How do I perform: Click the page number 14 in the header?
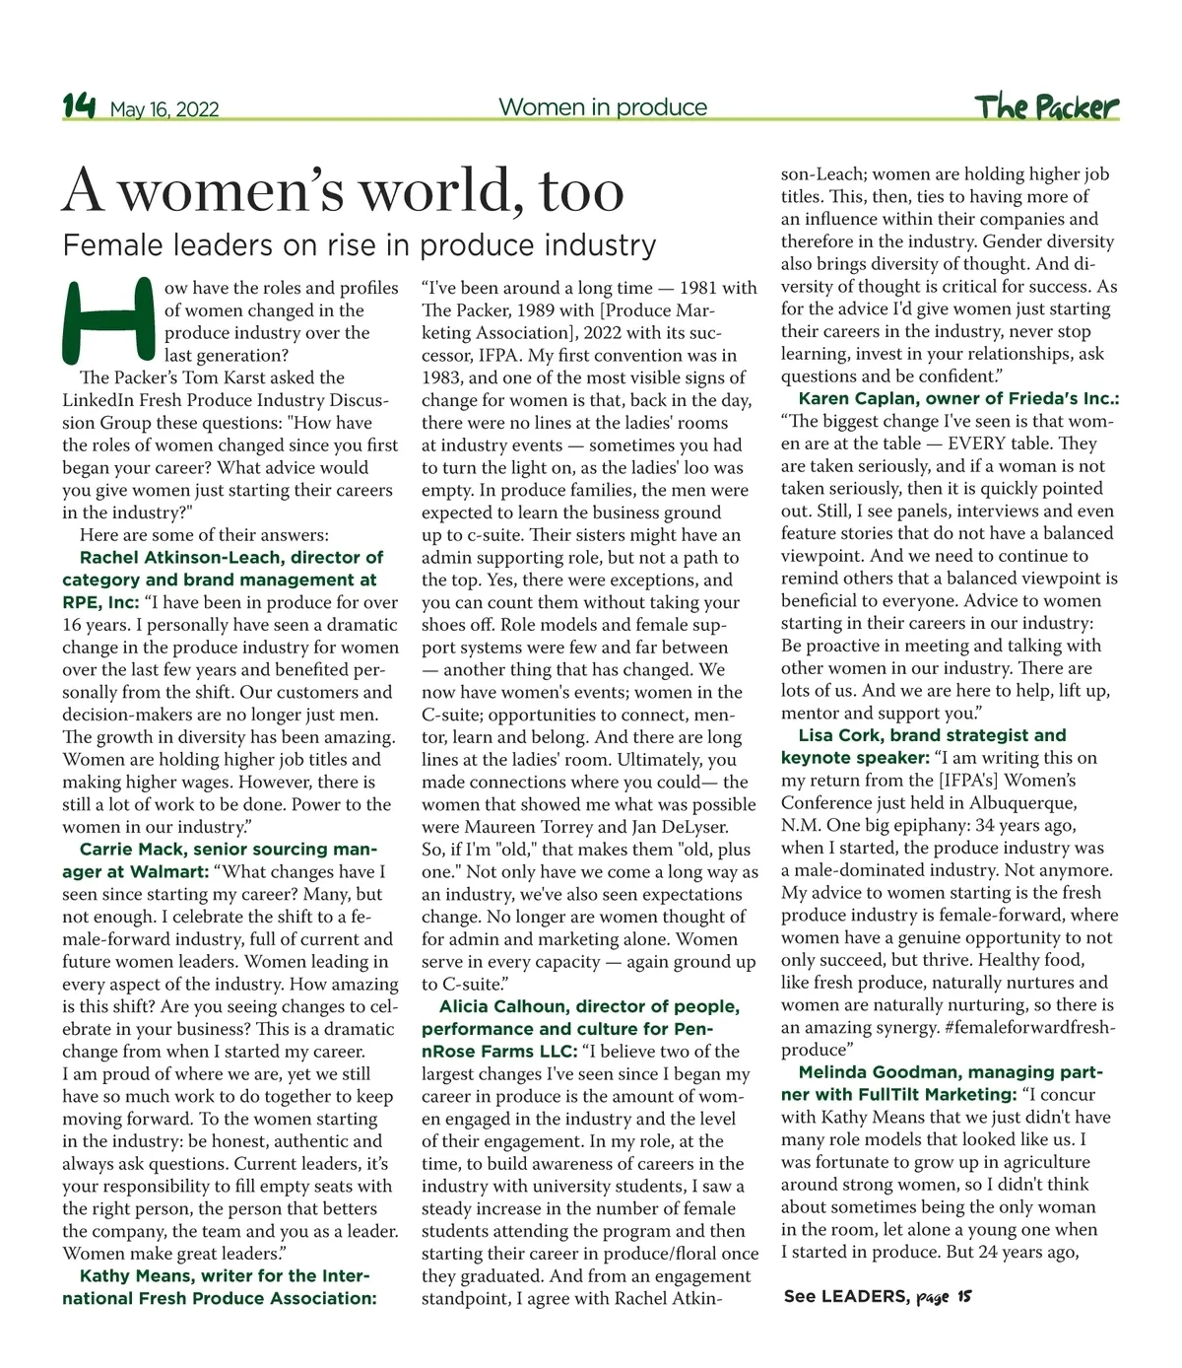(x=79, y=106)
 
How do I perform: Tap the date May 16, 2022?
(x=164, y=109)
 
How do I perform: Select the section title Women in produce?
(x=603, y=106)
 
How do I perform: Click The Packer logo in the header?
(x=1047, y=106)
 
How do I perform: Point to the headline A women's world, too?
(x=343, y=191)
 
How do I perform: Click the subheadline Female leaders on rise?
(x=359, y=244)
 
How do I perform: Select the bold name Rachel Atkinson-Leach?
(x=179, y=557)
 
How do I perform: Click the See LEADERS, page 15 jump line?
(x=878, y=1297)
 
